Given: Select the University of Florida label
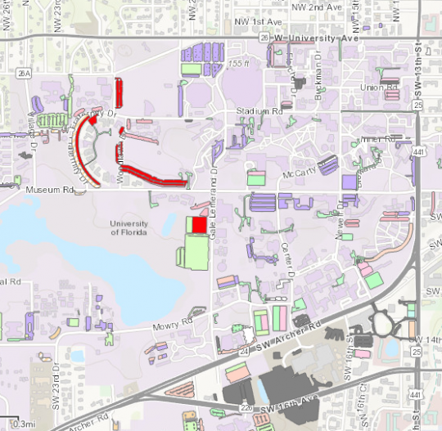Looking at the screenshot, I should pyautogui.click(x=129, y=228).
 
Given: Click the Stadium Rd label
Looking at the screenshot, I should pyautogui.click(x=259, y=110).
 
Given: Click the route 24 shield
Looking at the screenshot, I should pyautogui.click(x=221, y=352).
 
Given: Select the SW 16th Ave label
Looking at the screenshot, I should pyautogui.click(x=290, y=402).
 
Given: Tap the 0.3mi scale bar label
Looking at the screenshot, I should pyautogui.click(x=23, y=424).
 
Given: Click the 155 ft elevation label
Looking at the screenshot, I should pyautogui.click(x=239, y=63).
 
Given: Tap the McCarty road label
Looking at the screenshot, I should pyautogui.click(x=300, y=173).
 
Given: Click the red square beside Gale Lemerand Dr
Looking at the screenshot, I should pyautogui.click(x=199, y=224).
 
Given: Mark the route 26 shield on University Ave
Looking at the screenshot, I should pyautogui.click(x=264, y=37).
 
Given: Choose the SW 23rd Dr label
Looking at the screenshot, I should pyautogui.click(x=56, y=393).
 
